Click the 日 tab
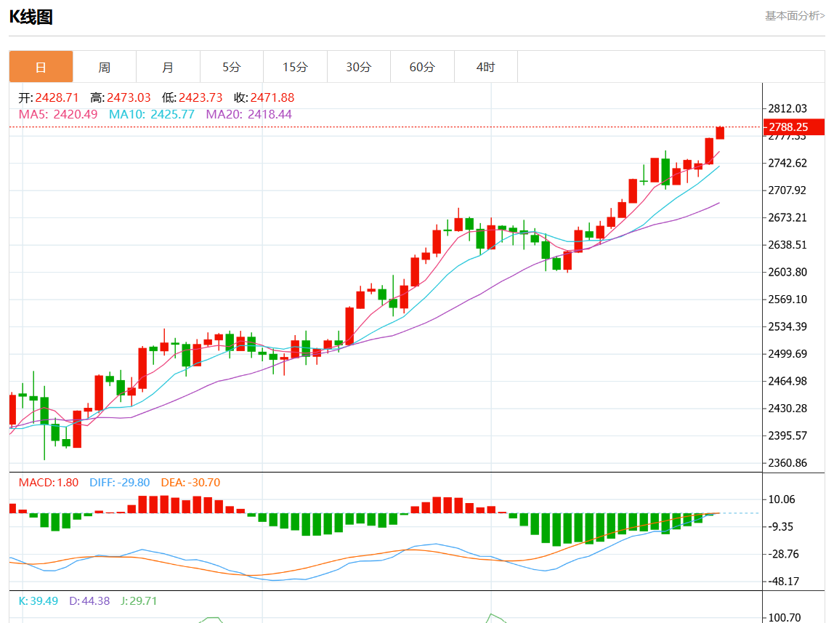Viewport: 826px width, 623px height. [x=41, y=67]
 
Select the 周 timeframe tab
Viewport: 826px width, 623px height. [x=105, y=67]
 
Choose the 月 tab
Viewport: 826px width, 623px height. [x=168, y=67]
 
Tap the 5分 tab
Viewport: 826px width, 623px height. [x=231, y=67]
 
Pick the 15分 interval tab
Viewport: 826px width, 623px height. [x=295, y=67]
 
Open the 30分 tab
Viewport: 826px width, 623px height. [x=358, y=67]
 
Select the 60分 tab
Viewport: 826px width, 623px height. [x=422, y=67]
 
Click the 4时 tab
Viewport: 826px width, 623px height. [x=485, y=67]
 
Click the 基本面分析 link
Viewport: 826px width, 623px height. [x=795, y=15]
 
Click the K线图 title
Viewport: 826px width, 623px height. [x=31, y=17]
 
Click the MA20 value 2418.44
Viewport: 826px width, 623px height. [x=270, y=114]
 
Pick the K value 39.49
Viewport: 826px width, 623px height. [x=45, y=600]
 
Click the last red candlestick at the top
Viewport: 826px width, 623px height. [x=720, y=132]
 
